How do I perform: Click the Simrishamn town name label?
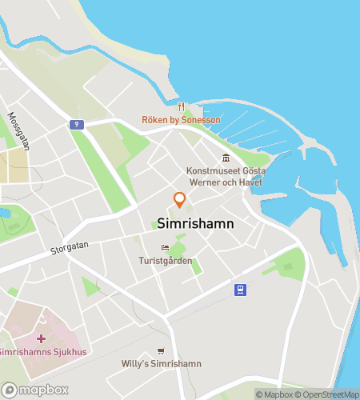click(x=196, y=224)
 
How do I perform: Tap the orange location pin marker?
click(x=180, y=199)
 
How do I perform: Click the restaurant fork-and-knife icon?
click(x=181, y=106)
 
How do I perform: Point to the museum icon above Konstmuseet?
click(x=226, y=158)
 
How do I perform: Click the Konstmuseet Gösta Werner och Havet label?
click(x=226, y=177)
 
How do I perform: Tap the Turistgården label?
click(x=166, y=261)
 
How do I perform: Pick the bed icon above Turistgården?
click(x=165, y=248)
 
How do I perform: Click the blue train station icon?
click(x=239, y=290)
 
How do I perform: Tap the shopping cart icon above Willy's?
click(x=161, y=350)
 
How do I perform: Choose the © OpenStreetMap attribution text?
click(x=329, y=394)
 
